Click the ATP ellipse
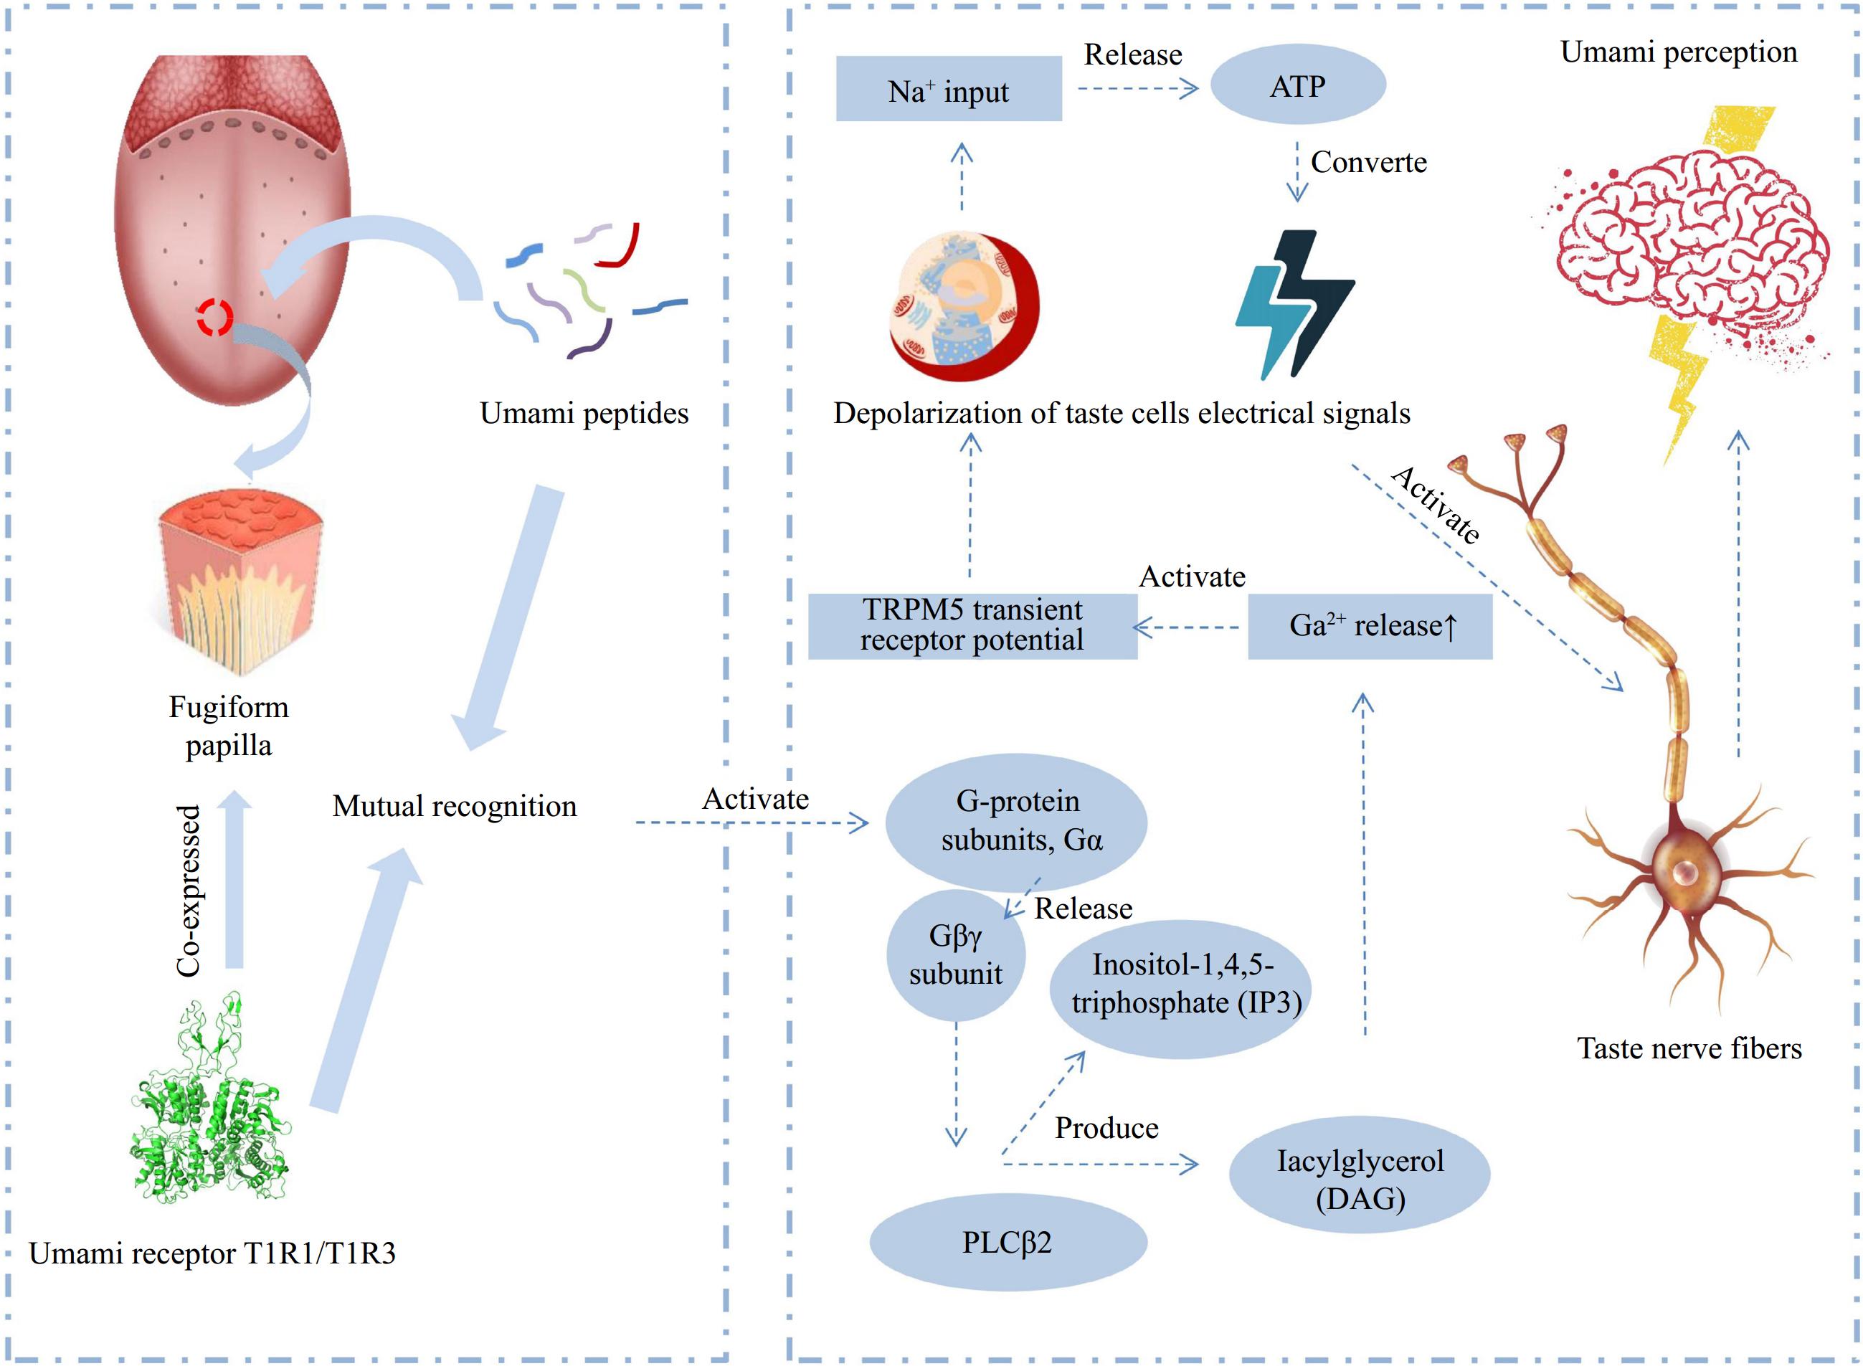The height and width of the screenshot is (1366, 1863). (x=1296, y=85)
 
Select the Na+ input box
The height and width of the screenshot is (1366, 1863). (x=949, y=90)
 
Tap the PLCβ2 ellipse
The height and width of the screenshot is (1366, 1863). (x=1008, y=1242)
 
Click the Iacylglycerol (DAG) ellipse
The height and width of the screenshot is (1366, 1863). (x=1360, y=1176)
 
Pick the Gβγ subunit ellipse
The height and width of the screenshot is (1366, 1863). (x=956, y=955)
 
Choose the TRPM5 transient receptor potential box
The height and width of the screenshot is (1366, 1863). (x=972, y=625)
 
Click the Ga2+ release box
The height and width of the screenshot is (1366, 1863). (x=1370, y=626)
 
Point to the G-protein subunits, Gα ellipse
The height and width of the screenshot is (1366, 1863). (x=1016, y=821)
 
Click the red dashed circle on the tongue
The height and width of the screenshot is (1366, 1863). (x=215, y=317)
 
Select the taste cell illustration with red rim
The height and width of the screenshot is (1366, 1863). (x=964, y=305)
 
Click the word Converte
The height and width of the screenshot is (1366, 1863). (x=1368, y=163)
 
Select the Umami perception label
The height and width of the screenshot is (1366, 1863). (x=1678, y=52)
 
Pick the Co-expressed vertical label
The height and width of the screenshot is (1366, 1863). (x=189, y=891)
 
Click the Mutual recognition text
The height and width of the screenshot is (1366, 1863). (x=454, y=806)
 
